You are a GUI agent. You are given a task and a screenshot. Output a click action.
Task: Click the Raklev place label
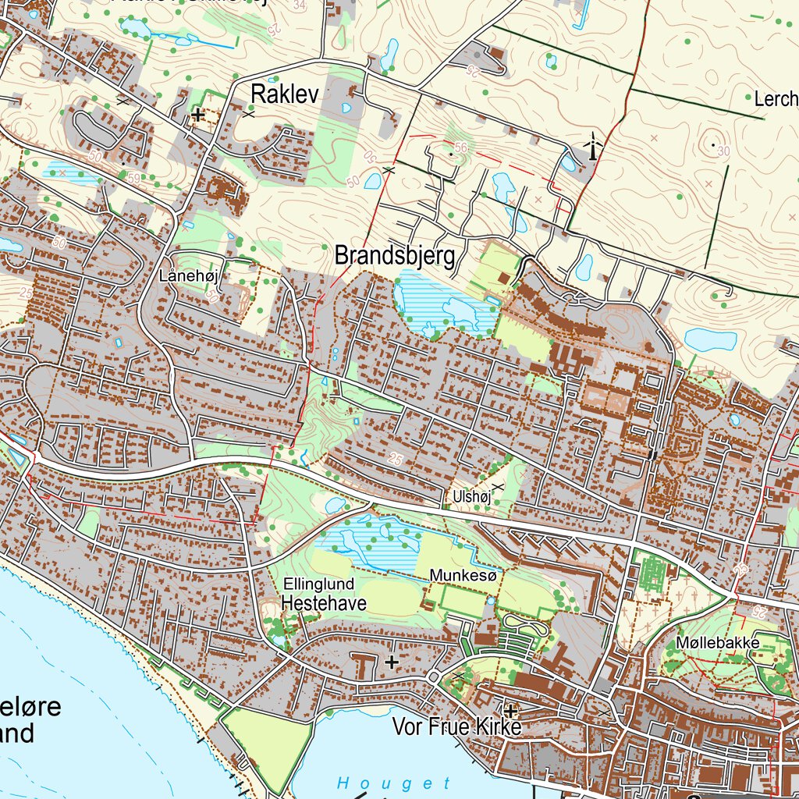285,94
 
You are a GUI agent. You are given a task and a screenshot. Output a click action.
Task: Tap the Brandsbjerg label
394,255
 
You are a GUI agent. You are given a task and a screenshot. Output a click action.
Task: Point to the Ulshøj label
470,496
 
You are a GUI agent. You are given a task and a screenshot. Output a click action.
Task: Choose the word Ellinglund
319,584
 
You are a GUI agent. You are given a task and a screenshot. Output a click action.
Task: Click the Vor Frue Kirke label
456,727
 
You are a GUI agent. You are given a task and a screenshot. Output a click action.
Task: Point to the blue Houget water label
394,783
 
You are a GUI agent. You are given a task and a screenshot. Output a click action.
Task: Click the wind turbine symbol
594,146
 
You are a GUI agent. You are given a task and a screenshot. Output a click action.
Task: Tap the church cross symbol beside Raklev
198,115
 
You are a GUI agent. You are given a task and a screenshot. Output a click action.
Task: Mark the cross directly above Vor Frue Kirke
511,711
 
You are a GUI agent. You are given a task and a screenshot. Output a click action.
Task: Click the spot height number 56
460,147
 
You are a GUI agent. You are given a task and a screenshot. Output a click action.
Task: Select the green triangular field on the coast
265,741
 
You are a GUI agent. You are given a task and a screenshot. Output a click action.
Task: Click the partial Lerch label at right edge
776,99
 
